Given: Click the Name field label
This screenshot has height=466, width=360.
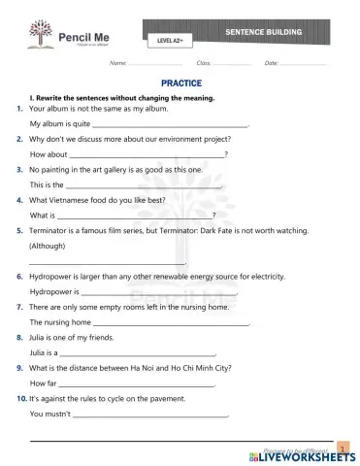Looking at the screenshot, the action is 119,62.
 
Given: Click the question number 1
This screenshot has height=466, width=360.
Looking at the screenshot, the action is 20,109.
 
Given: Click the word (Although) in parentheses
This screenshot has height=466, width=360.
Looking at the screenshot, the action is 49,247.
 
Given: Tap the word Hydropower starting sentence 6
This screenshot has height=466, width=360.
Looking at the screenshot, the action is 52,276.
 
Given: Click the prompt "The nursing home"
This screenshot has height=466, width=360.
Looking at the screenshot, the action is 60,322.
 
